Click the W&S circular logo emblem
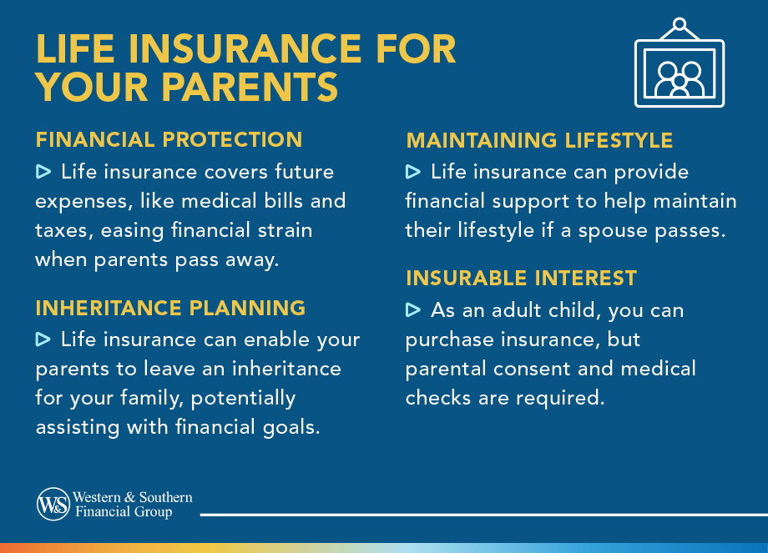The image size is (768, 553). tap(53, 504)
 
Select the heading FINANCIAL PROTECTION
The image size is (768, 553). tap(169, 139)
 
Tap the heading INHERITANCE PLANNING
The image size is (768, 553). tap(170, 308)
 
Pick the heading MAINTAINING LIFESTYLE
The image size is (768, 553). tap(539, 140)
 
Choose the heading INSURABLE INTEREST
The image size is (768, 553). tap(521, 278)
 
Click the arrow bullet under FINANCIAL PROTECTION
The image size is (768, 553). tap(43, 173)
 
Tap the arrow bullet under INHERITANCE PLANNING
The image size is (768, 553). tap(43, 339)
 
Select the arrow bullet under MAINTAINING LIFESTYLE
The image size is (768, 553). tap(413, 173)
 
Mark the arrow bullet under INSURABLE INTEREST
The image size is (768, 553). tap(413, 310)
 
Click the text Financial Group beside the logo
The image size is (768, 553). tap(124, 511)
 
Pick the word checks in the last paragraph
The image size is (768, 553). tap(437, 398)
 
